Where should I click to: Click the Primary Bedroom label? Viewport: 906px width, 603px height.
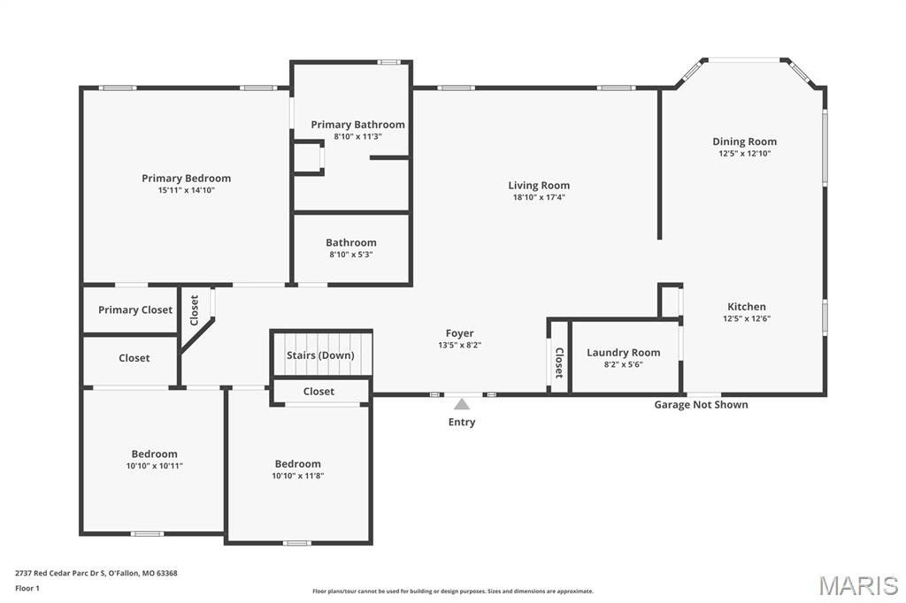(186, 179)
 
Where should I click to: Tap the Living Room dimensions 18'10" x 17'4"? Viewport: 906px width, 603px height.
(539, 197)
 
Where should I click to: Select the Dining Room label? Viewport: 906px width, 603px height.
(744, 141)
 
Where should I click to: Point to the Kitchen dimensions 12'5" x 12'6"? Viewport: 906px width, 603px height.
(747, 319)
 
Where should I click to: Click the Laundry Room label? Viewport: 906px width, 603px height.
(624, 352)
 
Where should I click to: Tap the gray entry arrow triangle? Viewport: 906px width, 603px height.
(462, 404)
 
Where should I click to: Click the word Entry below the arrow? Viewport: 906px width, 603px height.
(462, 423)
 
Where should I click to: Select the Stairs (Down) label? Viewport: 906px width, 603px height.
(320, 355)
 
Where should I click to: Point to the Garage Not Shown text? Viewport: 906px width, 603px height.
(701, 405)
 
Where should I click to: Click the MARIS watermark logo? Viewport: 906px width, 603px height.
(858, 585)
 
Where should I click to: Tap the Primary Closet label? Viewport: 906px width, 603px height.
(135, 310)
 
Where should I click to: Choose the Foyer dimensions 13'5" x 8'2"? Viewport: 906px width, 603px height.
(460, 346)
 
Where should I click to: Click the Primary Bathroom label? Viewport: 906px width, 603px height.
(357, 125)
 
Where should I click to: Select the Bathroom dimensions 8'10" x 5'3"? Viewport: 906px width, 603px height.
(351, 255)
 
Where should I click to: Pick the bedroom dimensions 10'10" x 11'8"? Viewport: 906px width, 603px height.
(298, 476)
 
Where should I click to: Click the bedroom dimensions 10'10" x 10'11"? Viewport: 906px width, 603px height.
(155, 466)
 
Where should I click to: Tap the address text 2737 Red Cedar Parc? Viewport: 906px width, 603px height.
(58, 574)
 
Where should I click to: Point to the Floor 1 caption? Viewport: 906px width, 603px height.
(27, 589)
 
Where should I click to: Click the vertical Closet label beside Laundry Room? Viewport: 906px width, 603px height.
(559, 363)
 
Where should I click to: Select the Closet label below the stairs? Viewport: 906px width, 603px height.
(319, 392)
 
